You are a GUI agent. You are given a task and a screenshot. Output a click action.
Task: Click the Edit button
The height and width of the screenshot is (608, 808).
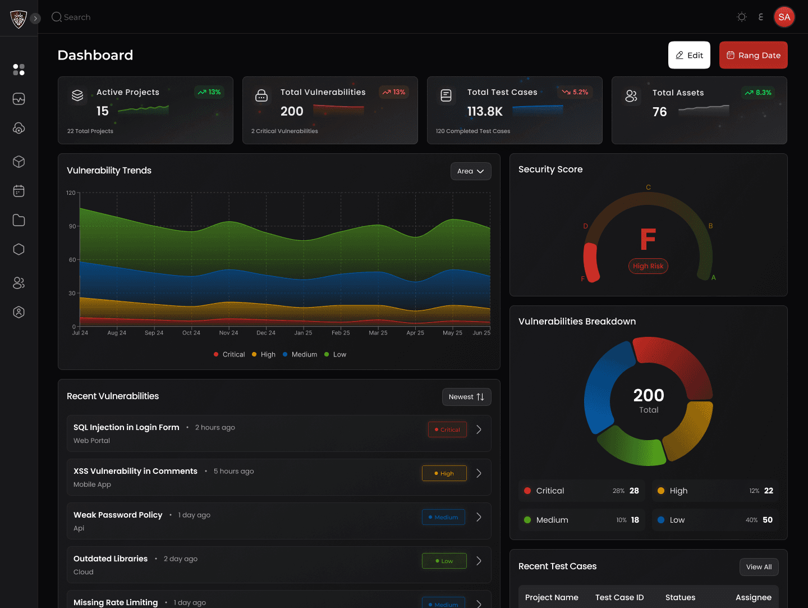689,55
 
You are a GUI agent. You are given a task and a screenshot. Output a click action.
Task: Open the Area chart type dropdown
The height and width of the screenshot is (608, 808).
470,171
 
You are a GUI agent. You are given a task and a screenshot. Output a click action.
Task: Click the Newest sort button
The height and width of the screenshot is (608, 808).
466,397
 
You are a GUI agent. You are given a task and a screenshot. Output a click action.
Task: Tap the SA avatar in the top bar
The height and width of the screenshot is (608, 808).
784,17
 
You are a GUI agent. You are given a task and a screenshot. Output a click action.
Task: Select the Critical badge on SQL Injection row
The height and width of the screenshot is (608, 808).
447,429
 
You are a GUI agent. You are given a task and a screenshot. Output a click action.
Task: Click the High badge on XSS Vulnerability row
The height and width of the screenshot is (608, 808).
444,473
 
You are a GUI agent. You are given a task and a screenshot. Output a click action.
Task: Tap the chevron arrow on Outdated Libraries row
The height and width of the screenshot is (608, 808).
479,561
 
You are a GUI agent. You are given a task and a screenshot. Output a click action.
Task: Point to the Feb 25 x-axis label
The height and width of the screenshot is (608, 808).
341,333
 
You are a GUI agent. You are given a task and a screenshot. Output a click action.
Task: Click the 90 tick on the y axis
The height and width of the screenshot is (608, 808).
72,226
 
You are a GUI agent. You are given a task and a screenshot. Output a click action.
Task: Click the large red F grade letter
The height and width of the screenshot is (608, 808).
648,239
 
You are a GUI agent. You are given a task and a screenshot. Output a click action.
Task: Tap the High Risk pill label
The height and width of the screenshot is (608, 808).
648,266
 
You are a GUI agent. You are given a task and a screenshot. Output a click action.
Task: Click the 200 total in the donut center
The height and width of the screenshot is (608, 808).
649,395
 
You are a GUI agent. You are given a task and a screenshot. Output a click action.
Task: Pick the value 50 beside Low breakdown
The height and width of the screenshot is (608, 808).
767,520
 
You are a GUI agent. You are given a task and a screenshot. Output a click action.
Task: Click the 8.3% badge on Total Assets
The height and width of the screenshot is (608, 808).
758,93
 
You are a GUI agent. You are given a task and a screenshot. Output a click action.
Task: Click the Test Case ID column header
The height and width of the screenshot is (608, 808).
619,597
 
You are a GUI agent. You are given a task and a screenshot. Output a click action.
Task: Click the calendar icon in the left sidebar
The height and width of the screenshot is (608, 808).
19,191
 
